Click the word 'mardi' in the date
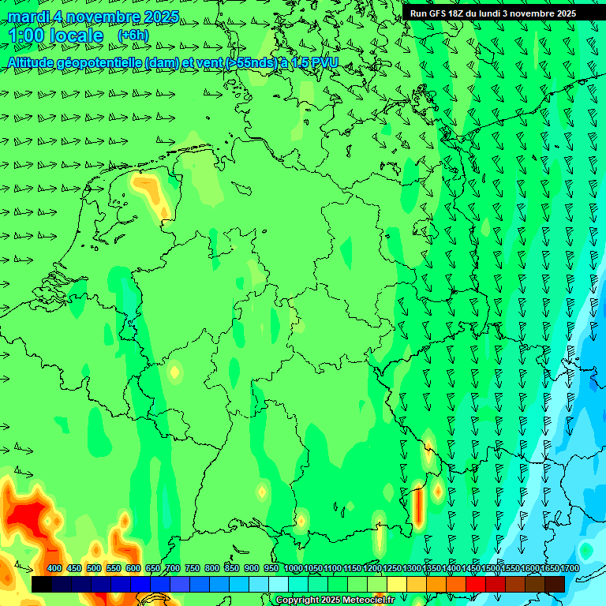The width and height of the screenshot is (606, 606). [32, 17]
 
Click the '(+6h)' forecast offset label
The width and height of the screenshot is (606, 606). [133, 36]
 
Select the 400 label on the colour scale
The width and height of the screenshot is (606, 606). [54, 568]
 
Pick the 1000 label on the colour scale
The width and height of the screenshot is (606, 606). [293, 568]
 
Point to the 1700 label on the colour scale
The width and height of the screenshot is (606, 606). [548, 568]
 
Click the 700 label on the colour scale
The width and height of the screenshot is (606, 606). [173, 568]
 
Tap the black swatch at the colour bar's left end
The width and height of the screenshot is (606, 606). [42, 584]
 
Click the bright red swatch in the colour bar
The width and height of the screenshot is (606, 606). [476, 584]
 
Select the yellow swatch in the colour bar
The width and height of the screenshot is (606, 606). [397, 584]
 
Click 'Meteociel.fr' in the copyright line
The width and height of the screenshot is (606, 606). [368, 600]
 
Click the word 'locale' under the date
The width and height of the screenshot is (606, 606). [76, 36]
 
